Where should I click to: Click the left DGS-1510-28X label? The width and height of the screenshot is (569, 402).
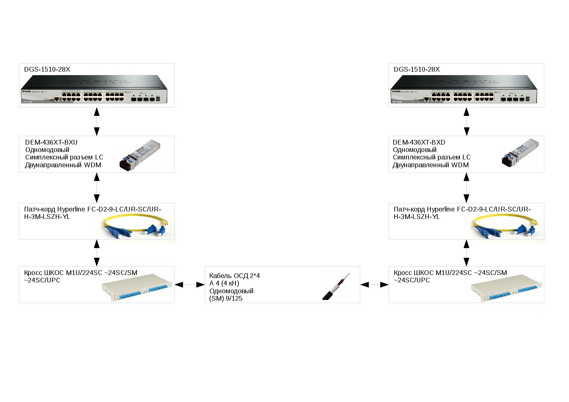pos(47,70)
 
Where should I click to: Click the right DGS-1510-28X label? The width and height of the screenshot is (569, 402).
pos(417,70)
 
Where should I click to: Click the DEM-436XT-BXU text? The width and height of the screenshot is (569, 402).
pos(51,142)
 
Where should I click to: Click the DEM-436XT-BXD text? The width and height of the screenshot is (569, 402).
pos(419,142)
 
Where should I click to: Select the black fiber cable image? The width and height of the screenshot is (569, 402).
pos(337,287)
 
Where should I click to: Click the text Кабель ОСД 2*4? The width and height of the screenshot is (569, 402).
pos(234,276)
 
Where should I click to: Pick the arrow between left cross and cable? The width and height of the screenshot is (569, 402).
pos(190,285)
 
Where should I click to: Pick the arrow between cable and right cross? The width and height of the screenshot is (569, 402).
pos(374,285)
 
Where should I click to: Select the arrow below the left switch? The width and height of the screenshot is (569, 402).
pos(97,122)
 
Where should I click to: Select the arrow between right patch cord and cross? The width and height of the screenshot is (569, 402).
pos(467,253)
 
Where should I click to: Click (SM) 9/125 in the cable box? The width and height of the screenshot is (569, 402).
pos(226,299)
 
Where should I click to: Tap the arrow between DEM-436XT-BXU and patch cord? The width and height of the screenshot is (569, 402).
pos(97,188)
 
